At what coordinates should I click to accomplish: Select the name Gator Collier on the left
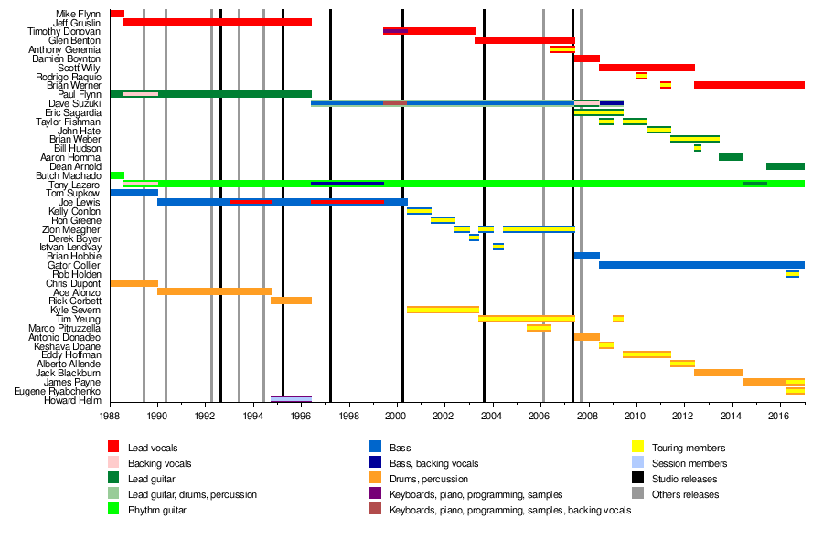[x=76, y=265]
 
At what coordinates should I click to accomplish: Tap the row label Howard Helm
[x=77, y=399]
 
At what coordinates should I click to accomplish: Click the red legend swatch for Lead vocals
[x=113, y=448]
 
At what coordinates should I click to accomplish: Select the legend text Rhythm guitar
[x=157, y=510]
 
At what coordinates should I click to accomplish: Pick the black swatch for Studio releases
[x=637, y=479]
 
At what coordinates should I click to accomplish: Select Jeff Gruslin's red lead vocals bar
[x=218, y=22]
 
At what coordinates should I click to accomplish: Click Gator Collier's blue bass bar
[x=701, y=265]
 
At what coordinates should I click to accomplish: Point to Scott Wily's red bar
[x=647, y=68]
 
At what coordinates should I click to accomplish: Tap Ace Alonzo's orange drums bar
[x=214, y=291]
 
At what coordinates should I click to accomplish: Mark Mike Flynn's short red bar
[x=117, y=14]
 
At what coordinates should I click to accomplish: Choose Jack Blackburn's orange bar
[x=719, y=373]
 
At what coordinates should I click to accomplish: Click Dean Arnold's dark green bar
[x=785, y=166]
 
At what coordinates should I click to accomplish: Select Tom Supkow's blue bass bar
[x=134, y=193]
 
